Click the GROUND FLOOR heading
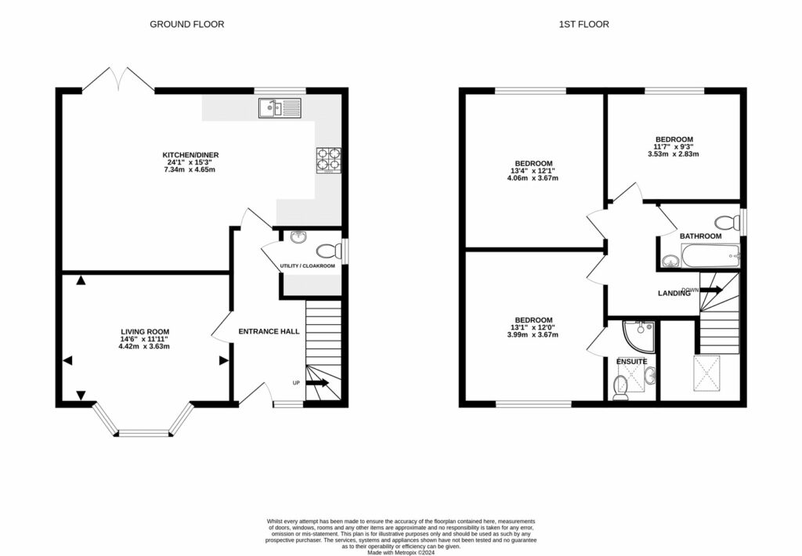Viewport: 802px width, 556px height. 186,24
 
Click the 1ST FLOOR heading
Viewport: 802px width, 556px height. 583,24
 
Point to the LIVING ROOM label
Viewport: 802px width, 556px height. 144,331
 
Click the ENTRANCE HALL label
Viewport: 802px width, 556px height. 269,331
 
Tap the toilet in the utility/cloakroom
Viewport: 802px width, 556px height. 327,252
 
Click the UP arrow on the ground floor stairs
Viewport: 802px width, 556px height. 317,383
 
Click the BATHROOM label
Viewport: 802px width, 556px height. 700,236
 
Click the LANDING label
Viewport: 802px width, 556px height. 673,294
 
